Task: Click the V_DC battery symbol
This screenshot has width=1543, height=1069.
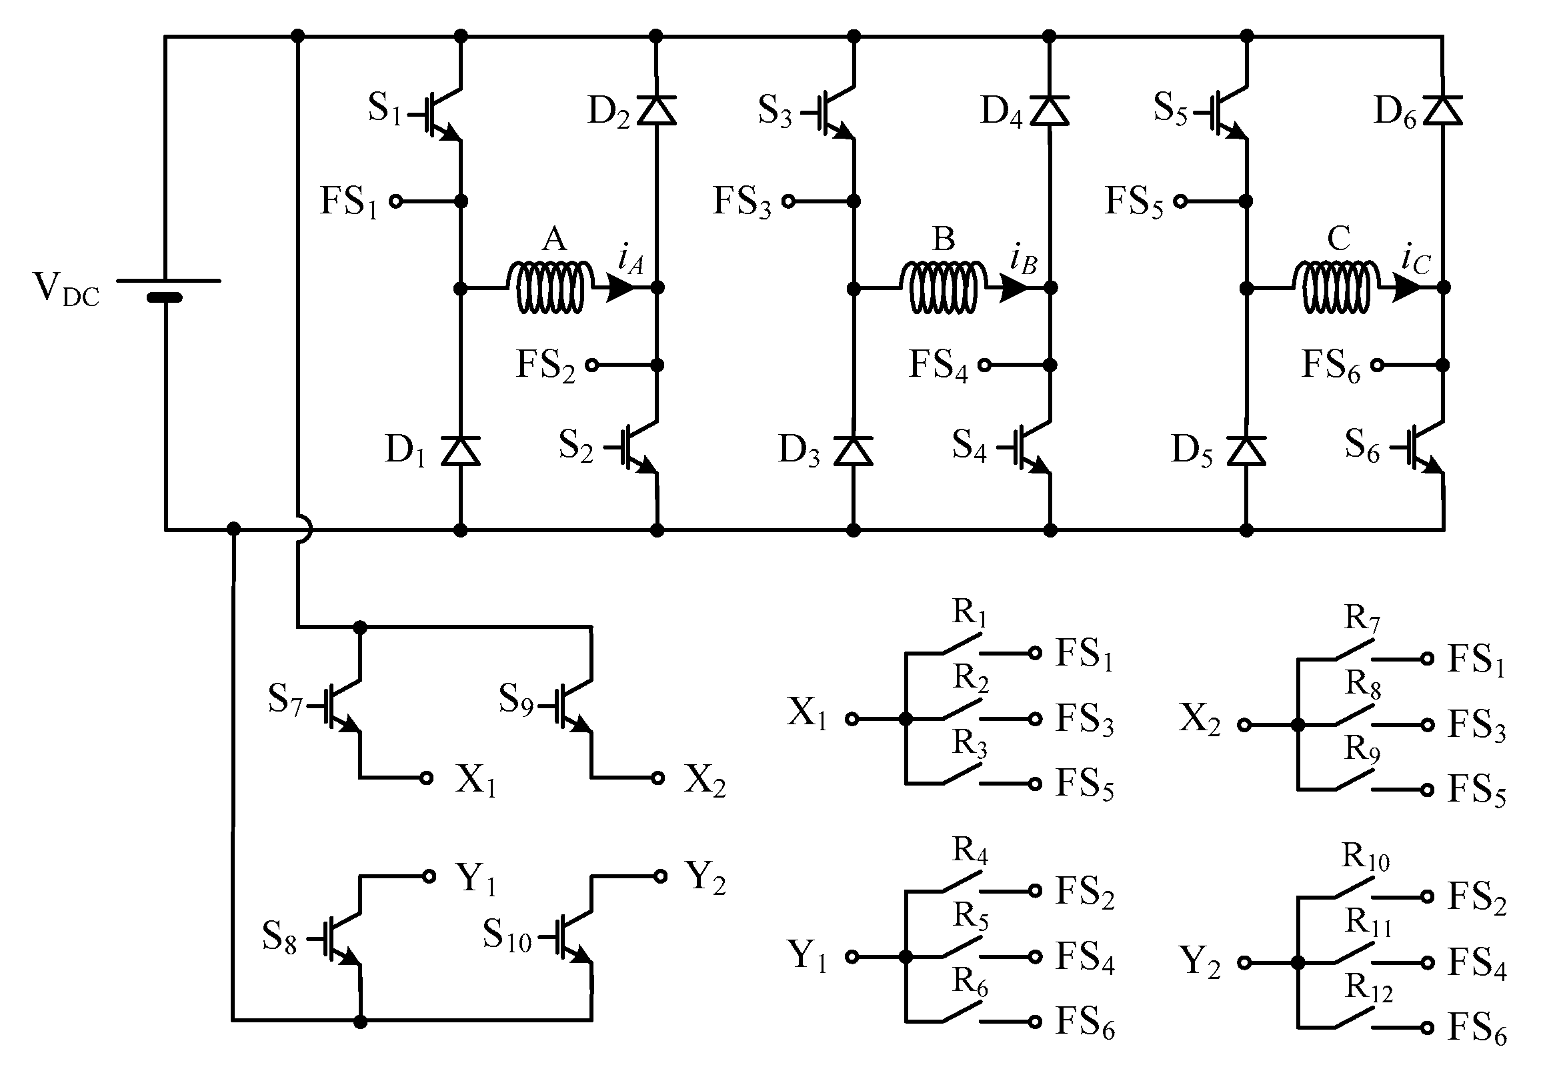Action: (x=165, y=289)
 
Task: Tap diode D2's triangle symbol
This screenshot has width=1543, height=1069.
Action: (x=656, y=111)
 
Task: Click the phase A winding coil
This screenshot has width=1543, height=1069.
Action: (x=550, y=287)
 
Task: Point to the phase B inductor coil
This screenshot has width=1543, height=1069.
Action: (x=943, y=287)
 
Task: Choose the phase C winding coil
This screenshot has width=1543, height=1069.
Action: (x=1336, y=287)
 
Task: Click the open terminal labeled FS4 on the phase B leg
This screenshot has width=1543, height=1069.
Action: (x=984, y=365)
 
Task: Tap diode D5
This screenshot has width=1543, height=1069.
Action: (x=1246, y=450)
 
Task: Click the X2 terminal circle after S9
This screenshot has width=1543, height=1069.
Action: (x=658, y=778)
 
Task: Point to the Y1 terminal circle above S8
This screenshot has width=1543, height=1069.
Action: (x=429, y=876)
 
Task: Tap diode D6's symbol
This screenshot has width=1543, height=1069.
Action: (x=1442, y=111)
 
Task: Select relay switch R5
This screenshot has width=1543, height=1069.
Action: (x=962, y=948)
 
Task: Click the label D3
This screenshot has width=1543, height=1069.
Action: (x=799, y=449)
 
